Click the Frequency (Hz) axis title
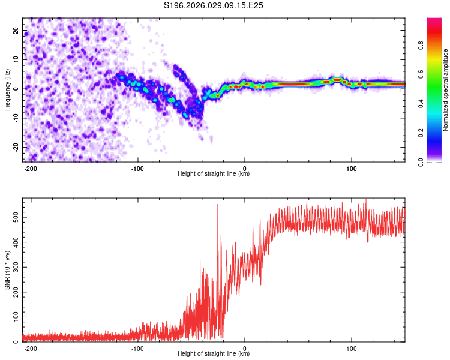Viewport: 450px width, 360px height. point(7,89)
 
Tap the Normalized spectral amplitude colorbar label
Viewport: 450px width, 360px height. point(446,90)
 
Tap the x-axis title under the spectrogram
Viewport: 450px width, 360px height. point(214,175)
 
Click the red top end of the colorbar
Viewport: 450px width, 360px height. point(434,21)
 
